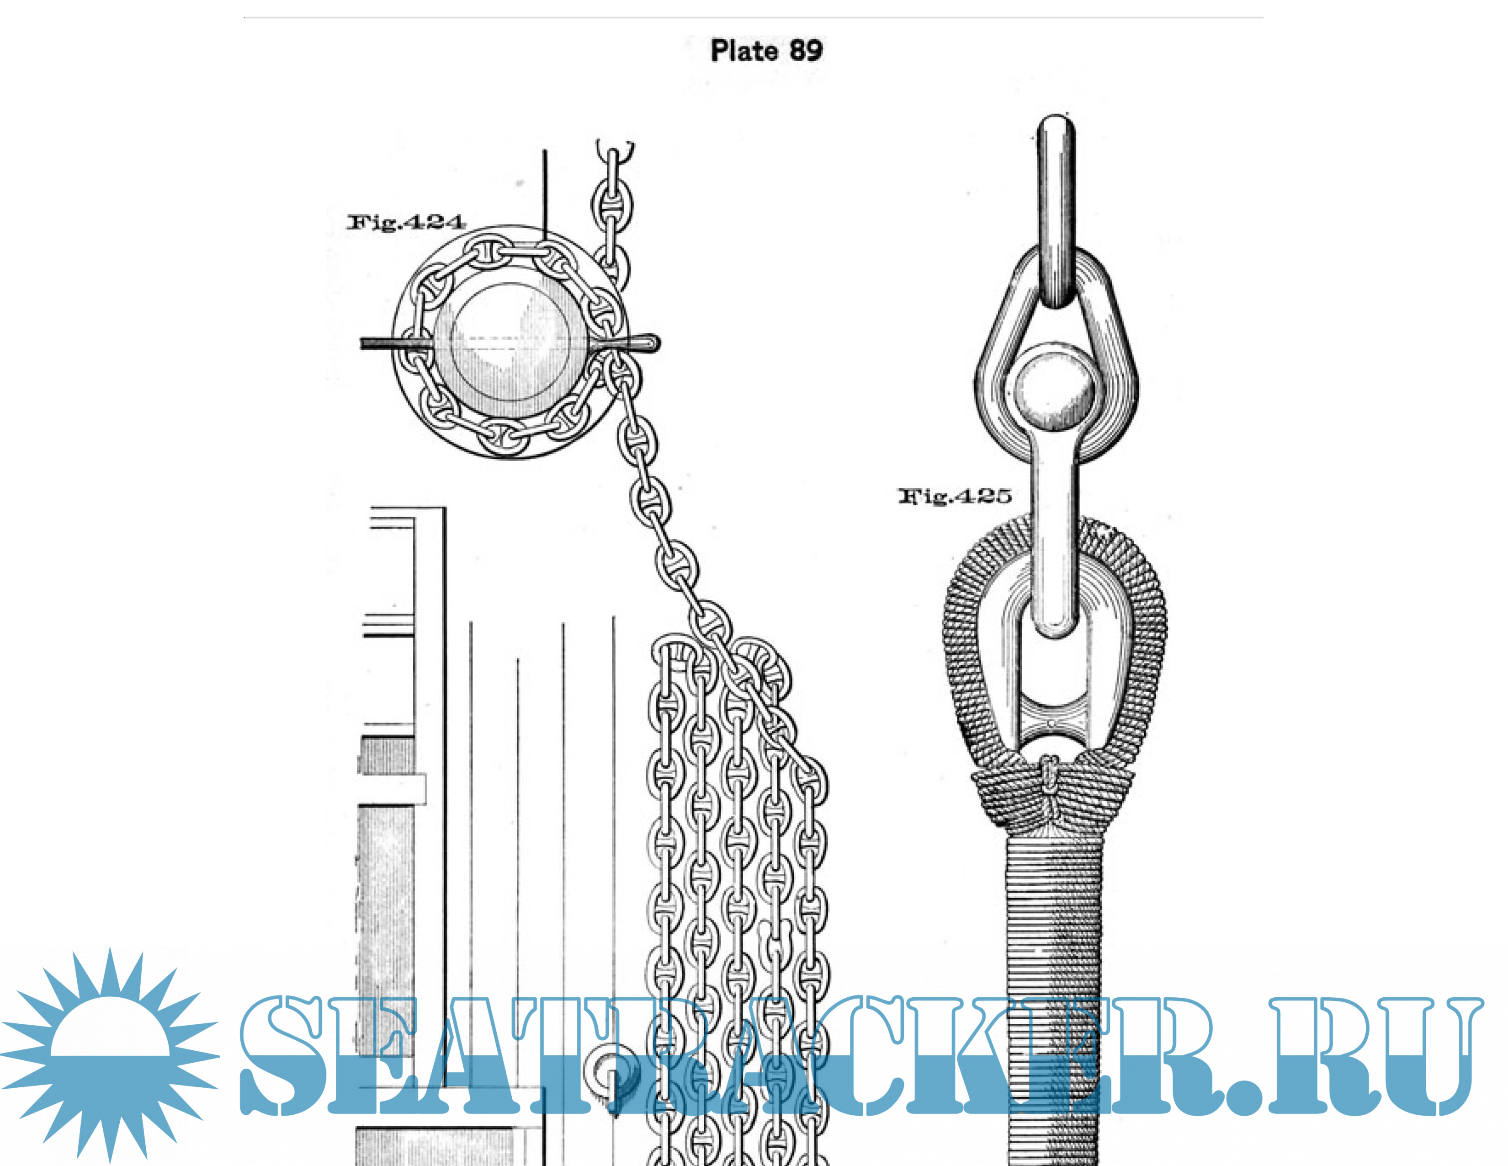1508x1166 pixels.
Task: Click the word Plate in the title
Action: pyautogui.click(x=744, y=50)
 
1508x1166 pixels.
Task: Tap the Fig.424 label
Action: pyautogui.click(x=406, y=222)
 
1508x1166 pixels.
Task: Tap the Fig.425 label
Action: pyautogui.click(x=955, y=496)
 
